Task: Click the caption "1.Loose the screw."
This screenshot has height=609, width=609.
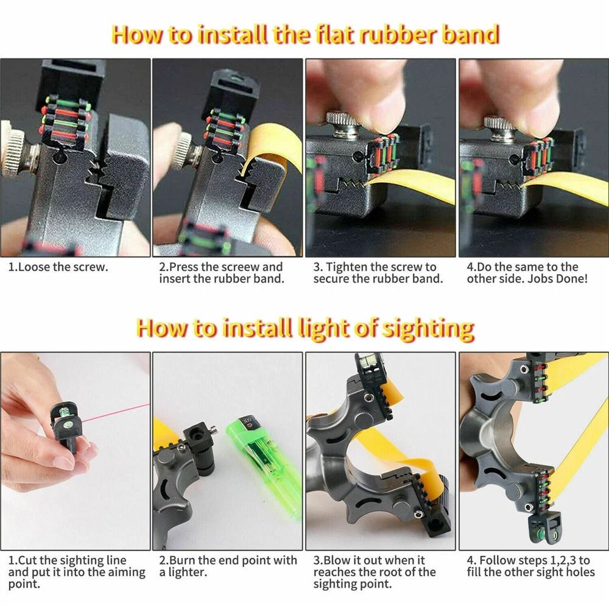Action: [58, 267]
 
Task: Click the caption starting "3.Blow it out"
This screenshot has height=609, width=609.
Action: [375, 571]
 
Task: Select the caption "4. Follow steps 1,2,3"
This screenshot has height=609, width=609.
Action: [529, 566]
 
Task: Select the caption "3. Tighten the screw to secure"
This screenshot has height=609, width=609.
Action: [378, 273]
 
